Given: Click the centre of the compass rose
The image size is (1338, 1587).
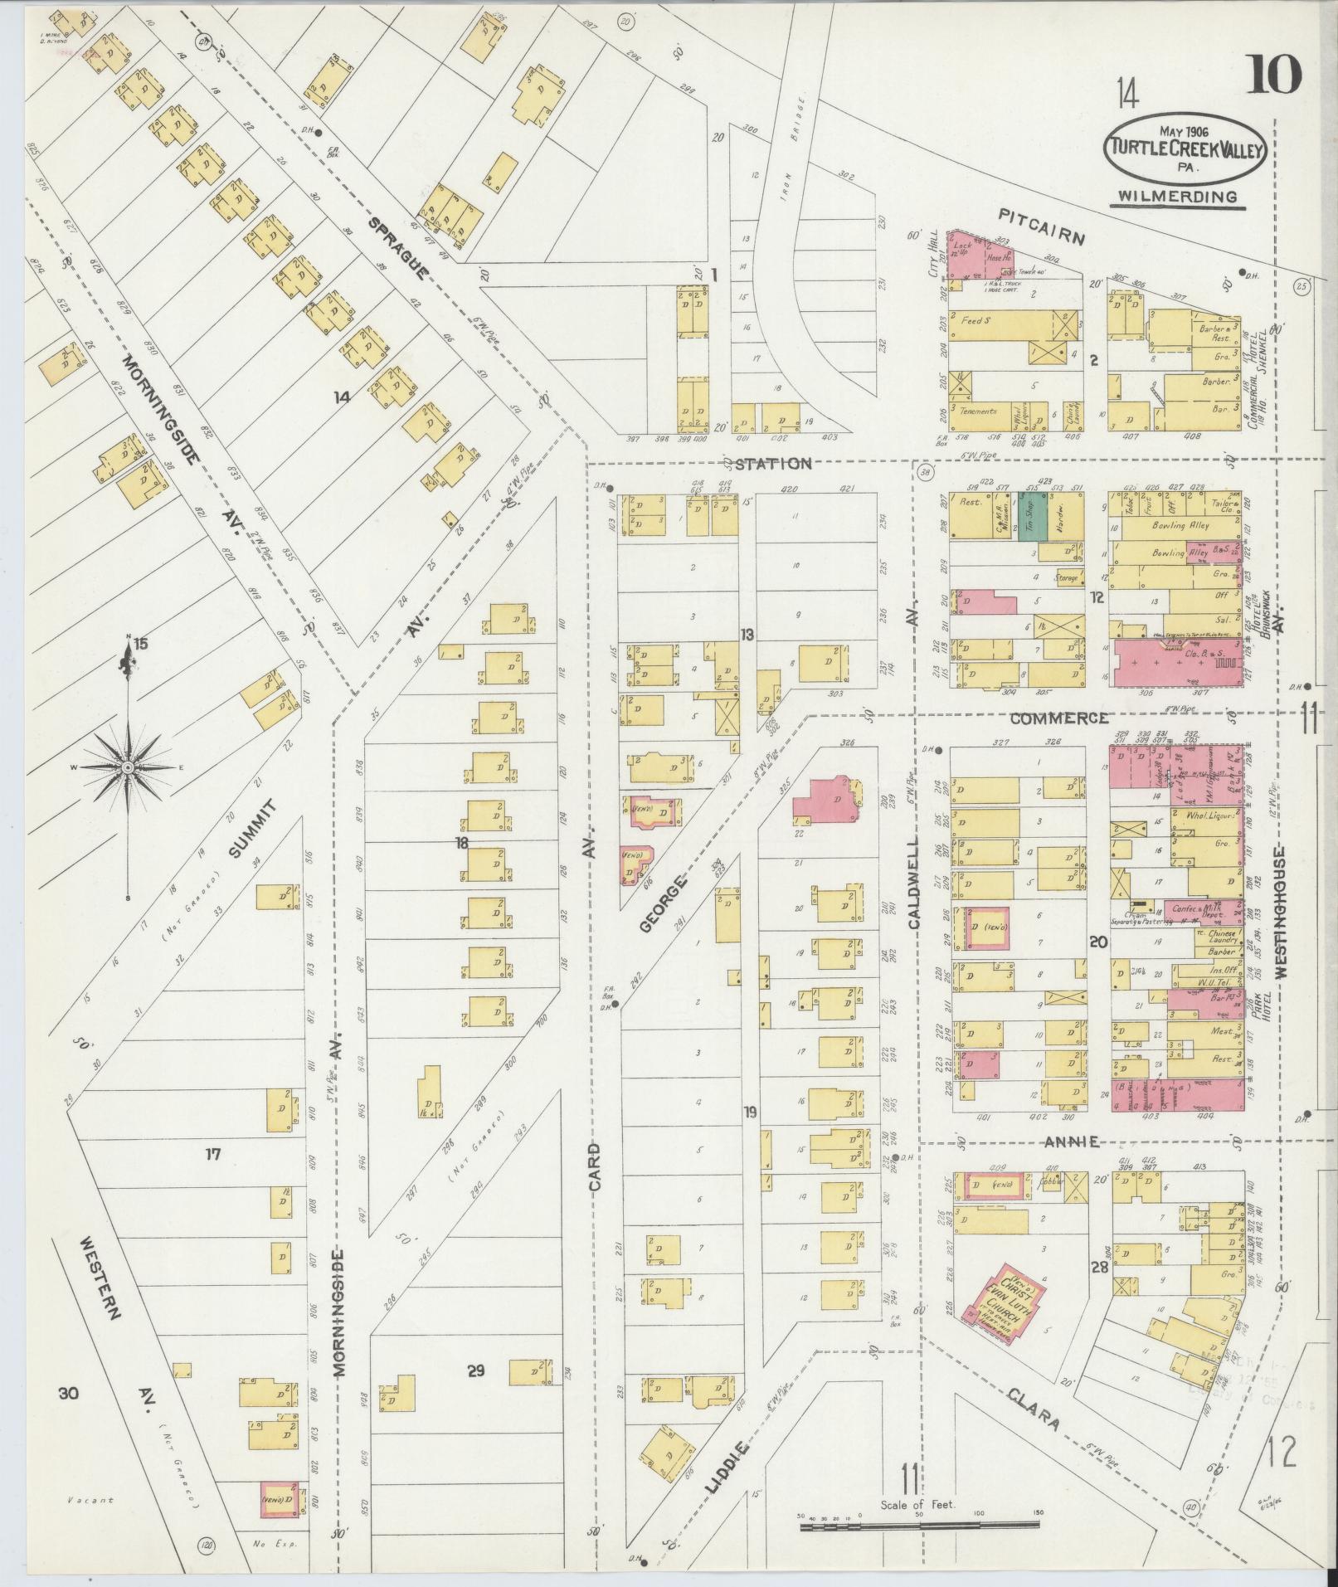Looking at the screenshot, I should (x=128, y=768).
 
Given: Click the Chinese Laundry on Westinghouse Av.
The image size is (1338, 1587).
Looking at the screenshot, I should (x=1219, y=937).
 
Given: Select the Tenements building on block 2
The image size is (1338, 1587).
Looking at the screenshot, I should (x=980, y=412).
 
